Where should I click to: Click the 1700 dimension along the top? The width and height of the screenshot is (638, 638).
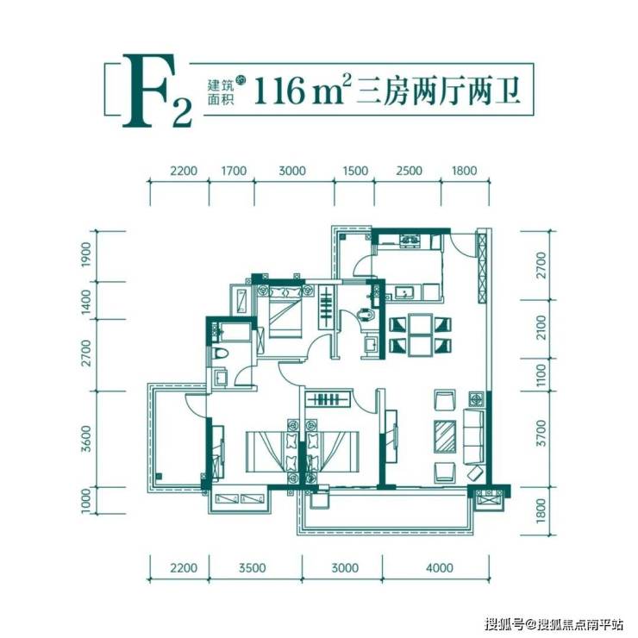click(234, 171)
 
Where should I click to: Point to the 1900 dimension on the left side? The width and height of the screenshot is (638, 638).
click(87, 256)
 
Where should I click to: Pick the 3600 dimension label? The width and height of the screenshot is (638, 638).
click(87, 437)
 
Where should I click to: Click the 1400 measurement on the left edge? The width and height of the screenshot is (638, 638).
click(87, 303)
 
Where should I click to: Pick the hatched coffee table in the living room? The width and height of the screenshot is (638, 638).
click(445, 435)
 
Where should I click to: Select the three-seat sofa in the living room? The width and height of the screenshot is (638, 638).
click(473, 435)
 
